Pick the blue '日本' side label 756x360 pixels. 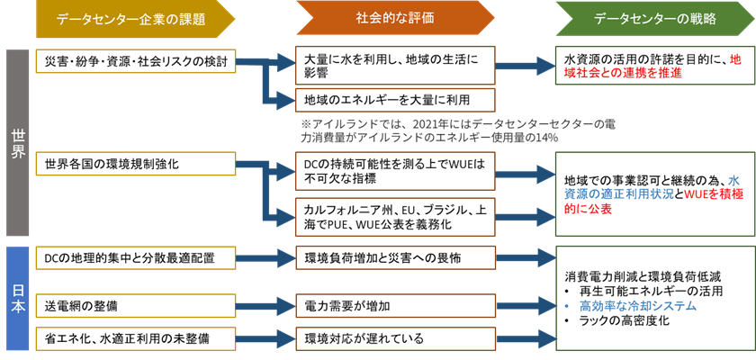coord(18,297)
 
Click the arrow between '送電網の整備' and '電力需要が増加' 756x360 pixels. coord(265,306)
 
